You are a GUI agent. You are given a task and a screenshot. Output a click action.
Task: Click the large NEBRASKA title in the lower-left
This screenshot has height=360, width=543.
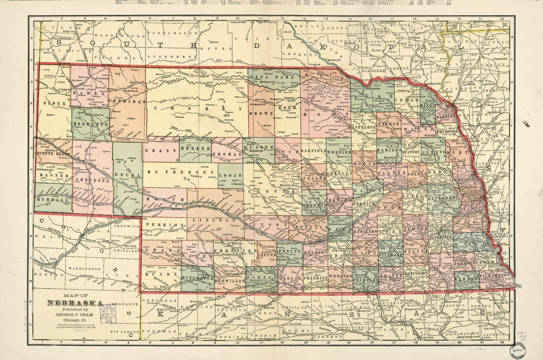click(x=75, y=303)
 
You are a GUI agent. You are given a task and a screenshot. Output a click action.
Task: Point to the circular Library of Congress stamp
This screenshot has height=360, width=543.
click(x=518, y=350)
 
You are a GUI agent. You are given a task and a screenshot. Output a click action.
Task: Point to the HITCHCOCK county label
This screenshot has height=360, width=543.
click(x=197, y=279)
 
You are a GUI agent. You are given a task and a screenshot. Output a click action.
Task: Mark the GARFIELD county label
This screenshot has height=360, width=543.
click(x=312, y=150)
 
